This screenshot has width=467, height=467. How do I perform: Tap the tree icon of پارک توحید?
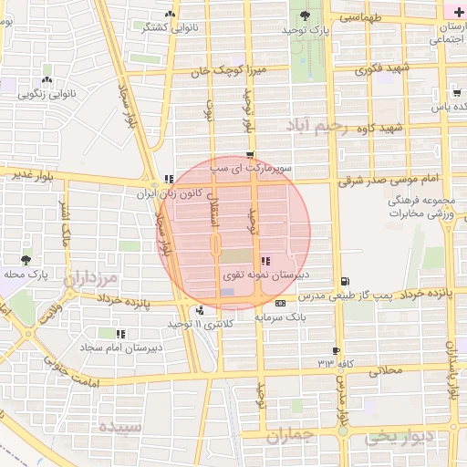305,15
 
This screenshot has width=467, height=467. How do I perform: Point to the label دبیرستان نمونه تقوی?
265,275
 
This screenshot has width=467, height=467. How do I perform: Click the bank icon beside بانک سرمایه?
279,303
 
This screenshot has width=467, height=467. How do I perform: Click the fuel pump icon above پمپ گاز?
343,281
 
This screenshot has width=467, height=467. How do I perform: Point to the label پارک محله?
26,274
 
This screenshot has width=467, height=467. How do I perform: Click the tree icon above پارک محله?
25,260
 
